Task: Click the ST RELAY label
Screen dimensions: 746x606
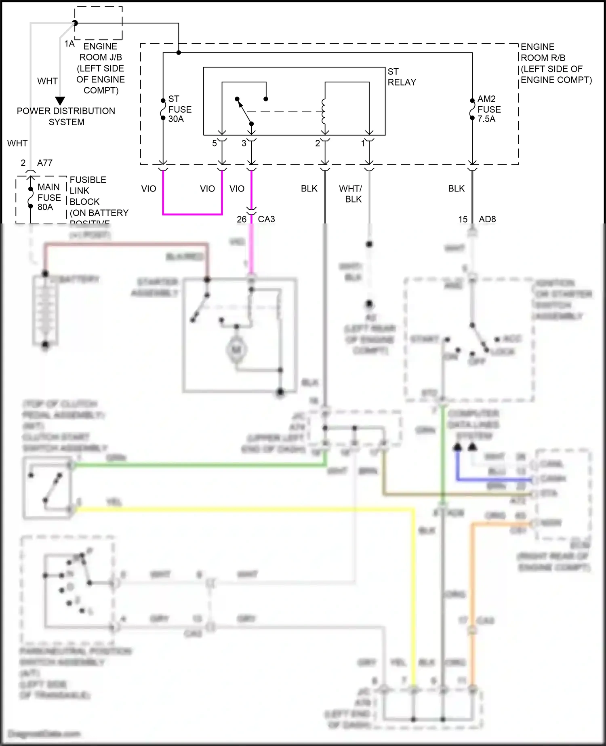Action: pos(401,77)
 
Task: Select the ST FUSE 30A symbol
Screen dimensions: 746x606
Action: pos(163,109)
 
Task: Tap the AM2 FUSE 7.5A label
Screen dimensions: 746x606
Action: pos(488,109)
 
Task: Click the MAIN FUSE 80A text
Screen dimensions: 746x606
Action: pos(49,197)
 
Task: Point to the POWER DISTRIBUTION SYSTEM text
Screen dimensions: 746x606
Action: pos(66,116)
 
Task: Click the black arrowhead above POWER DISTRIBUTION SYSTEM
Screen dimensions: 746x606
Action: pos(60,101)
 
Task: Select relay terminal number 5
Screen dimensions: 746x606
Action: pos(215,143)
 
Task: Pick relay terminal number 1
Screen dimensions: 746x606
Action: pos(363,143)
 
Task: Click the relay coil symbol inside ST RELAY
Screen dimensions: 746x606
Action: pos(323,111)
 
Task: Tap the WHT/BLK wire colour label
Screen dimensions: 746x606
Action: pos(350,194)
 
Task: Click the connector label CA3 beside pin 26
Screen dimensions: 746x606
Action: pos(266,219)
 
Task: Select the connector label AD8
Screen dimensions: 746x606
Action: pos(487,219)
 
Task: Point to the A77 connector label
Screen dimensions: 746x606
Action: pos(45,163)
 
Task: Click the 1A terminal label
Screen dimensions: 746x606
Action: pos(69,44)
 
